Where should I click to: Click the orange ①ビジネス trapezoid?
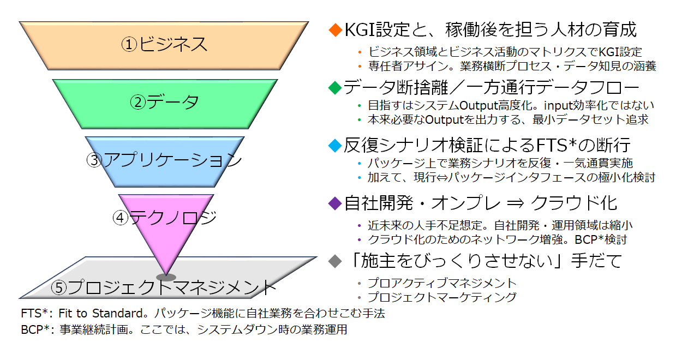pos(164,44)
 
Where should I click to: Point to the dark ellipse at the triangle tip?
pos(166,277)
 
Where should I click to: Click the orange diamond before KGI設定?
pos(334,29)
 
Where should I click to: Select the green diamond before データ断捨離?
pos(334,87)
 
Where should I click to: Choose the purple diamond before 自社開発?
pos(334,203)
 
